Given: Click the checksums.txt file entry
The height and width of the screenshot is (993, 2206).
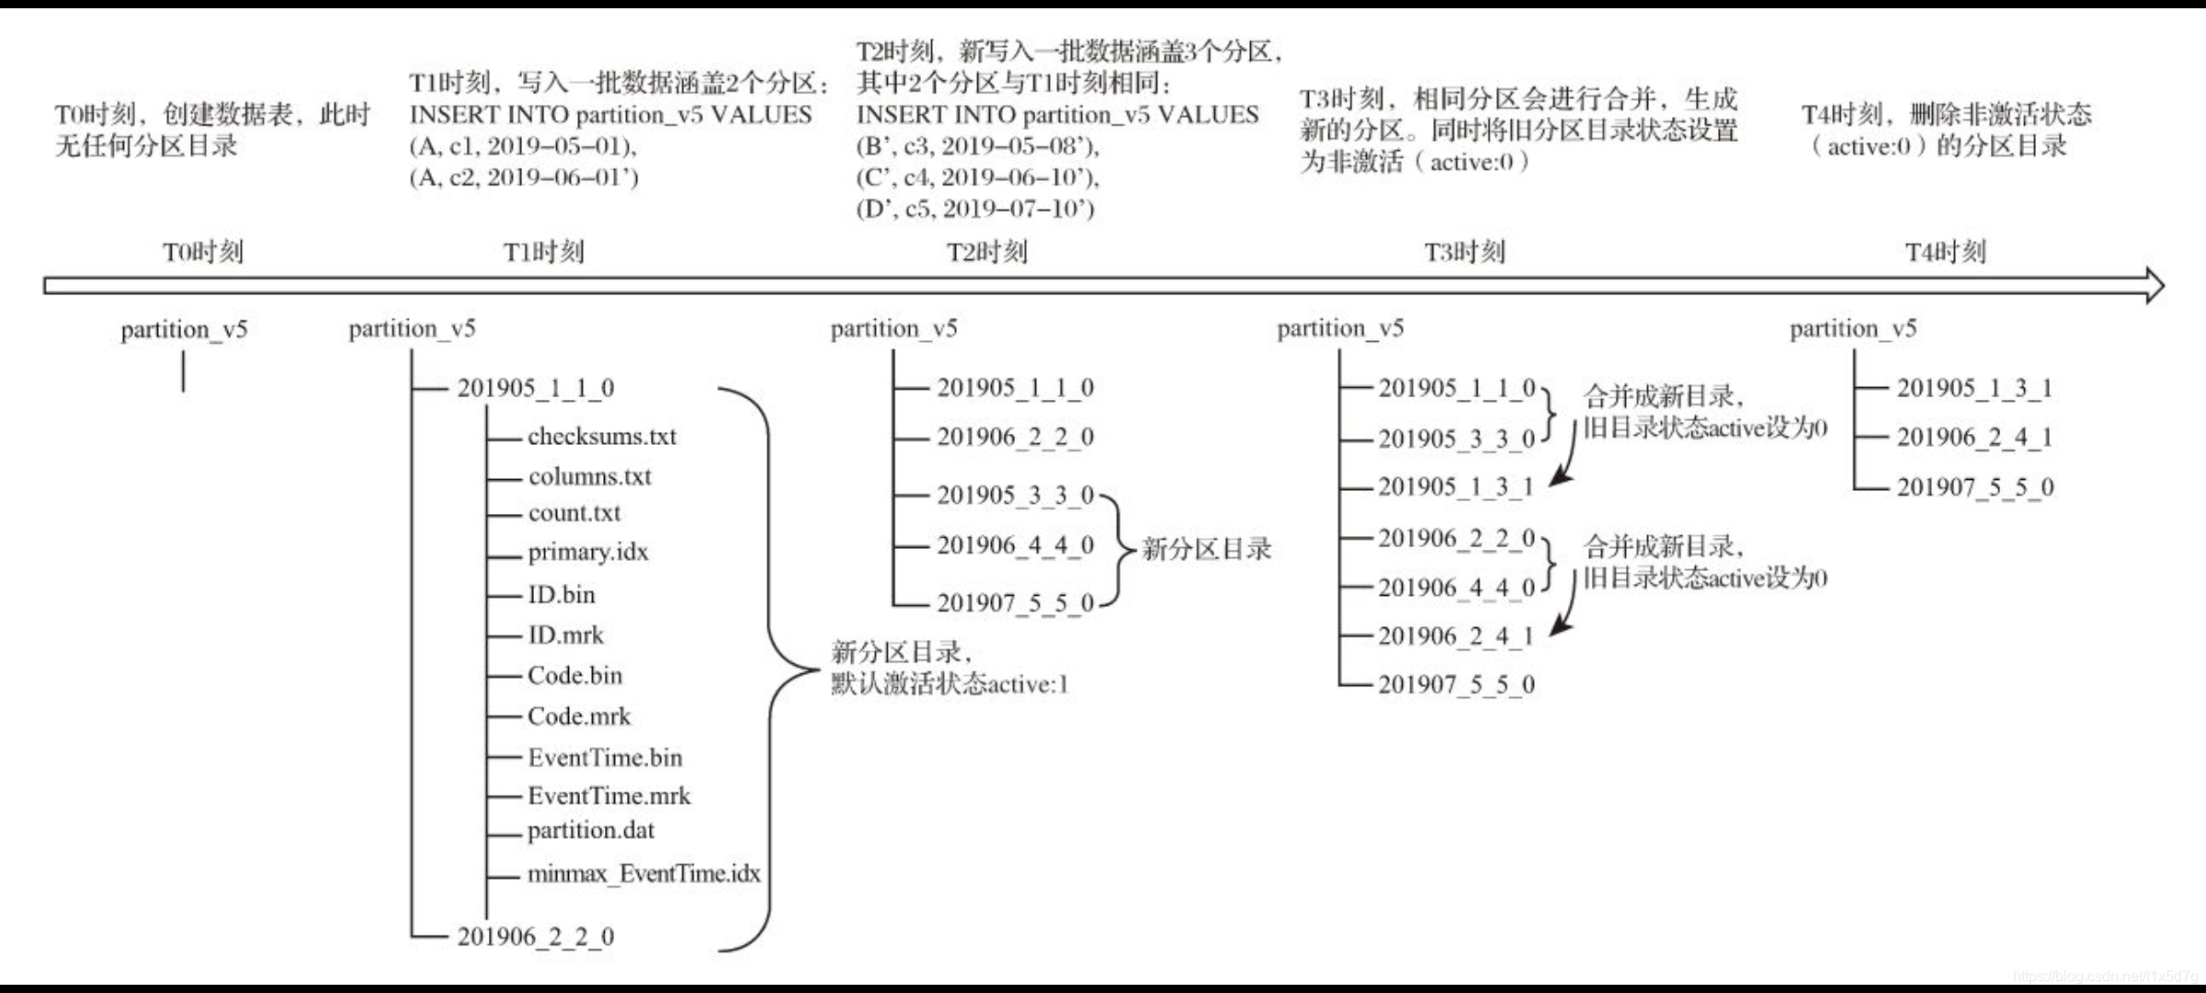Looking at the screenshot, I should click(x=601, y=437).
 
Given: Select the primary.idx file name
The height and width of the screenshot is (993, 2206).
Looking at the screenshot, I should click(x=587, y=552).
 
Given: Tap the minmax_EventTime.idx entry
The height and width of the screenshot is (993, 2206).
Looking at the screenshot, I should click(x=643, y=873).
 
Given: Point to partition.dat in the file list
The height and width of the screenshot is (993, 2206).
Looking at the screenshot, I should click(x=591, y=830).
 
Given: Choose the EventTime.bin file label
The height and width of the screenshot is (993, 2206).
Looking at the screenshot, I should click(x=605, y=758).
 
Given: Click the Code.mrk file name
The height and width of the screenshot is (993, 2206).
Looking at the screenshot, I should click(x=579, y=716).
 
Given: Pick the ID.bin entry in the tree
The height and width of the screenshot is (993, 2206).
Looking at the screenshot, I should click(x=562, y=595).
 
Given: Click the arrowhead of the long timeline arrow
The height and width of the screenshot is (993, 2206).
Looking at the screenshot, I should click(x=2154, y=285).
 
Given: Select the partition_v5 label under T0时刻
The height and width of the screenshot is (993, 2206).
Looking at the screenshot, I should click(x=184, y=329).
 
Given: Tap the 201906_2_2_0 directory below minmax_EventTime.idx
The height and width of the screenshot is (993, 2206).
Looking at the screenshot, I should click(x=536, y=937).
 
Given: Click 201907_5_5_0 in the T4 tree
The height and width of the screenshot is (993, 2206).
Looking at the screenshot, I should click(x=1974, y=487).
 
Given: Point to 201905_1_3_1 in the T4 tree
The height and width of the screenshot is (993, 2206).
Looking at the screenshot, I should click(x=1974, y=388).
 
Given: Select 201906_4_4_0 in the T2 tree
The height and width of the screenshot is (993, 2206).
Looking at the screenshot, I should click(x=1015, y=545).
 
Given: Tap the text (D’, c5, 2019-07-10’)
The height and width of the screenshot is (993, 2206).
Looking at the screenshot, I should click(x=975, y=209).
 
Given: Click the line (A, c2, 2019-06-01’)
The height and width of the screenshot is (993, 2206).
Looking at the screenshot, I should click(x=524, y=177).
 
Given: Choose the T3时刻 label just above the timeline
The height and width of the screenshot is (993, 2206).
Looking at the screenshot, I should click(x=1464, y=252).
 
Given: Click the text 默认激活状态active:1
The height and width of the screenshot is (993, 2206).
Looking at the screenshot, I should click(x=949, y=684).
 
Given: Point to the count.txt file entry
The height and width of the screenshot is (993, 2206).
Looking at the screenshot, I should click(x=574, y=513).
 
